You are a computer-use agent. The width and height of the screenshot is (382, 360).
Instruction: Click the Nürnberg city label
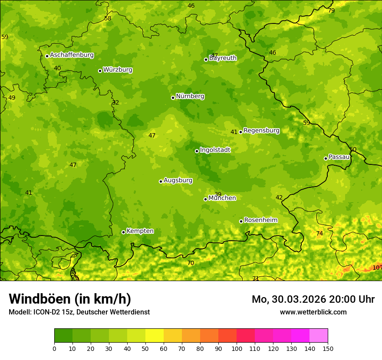tap(190, 96)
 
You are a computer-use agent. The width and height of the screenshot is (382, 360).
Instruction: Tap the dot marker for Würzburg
tap(100, 71)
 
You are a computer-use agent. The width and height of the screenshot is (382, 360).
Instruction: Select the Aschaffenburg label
tap(72, 55)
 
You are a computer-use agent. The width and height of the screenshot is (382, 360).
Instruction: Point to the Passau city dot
tap(326, 158)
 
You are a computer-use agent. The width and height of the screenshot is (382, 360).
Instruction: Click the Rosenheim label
tap(260, 220)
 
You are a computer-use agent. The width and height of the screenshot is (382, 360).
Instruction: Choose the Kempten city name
tap(140, 231)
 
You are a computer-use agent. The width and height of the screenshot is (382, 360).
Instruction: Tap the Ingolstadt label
tap(215, 150)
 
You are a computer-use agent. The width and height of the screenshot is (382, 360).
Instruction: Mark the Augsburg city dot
tap(161, 181)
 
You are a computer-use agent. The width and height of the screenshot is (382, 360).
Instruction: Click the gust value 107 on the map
tap(377, 268)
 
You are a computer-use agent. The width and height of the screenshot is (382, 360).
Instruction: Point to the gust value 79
tap(331, 11)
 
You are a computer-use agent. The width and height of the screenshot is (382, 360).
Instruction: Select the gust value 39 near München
tap(218, 194)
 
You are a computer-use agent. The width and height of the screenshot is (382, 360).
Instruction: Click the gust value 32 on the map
tap(115, 103)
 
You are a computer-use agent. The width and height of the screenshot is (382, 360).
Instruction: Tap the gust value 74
tap(319, 234)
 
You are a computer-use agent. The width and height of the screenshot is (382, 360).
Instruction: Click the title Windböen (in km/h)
tap(70, 299)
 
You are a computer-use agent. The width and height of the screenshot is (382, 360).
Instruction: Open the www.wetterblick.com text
tap(313, 312)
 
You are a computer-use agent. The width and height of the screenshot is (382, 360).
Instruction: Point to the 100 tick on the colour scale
tap(237, 348)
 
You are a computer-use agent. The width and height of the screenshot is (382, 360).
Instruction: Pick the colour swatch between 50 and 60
tap(155, 336)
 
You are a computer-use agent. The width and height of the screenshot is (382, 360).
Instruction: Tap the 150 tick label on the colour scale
tap(328, 348)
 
